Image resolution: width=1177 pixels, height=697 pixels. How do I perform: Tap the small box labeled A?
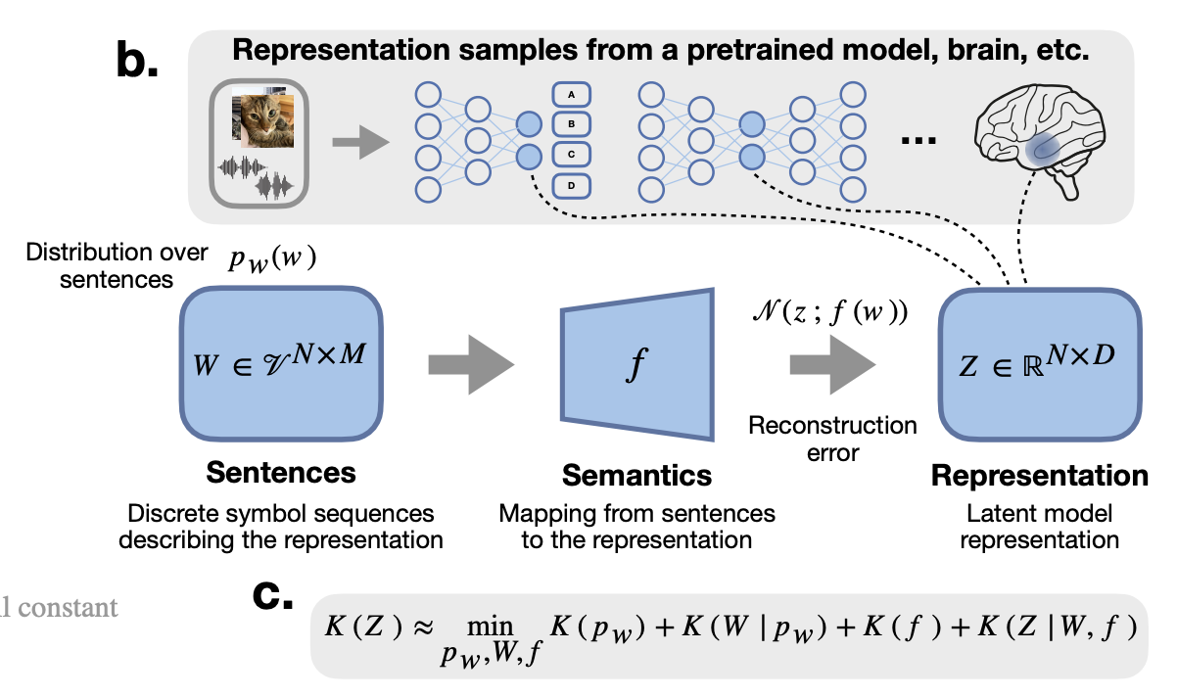point(576,95)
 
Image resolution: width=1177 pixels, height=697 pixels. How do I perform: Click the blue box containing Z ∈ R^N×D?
point(1041,365)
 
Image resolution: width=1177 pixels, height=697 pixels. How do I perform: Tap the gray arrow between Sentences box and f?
point(471,365)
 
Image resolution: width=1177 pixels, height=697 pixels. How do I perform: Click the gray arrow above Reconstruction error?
point(832,365)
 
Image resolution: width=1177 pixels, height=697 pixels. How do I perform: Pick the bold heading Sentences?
point(280,473)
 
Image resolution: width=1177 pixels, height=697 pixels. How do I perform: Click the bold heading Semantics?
point(636,476)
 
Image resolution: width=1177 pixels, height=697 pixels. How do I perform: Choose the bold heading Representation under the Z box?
point(1039,476)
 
